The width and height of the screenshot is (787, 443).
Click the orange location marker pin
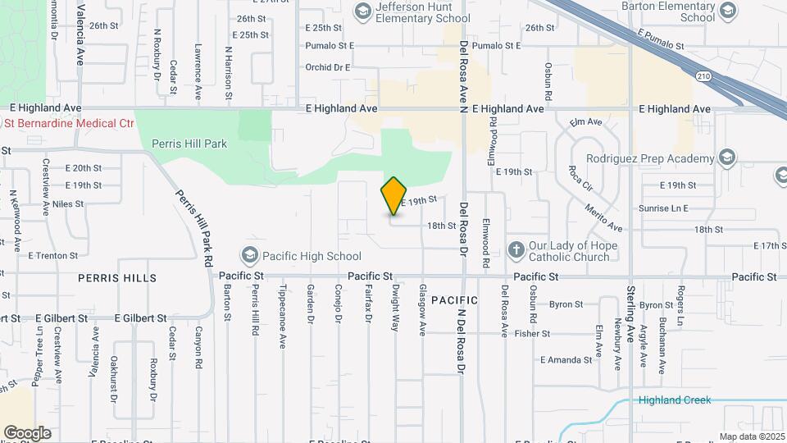(x=394, y=196)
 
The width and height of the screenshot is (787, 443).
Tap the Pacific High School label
(x=309, y=256)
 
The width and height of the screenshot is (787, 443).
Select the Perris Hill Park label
(x=189, y=144)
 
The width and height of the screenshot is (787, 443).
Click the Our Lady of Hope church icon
(x=516, y=250)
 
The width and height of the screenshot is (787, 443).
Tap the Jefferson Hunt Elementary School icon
(x=362, y=11)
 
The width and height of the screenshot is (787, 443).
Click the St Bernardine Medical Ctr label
(x=70, y=123)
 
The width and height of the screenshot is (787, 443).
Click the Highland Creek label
(x=676, y=400)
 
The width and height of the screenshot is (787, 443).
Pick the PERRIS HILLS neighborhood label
(x=117, y=278)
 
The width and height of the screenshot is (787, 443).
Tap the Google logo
(x=27, y=432)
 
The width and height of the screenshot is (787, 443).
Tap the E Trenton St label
(x=52, y=255)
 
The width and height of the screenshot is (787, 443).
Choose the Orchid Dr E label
(x=328, y=67)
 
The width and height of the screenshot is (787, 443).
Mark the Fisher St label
(x=532, y=334)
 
